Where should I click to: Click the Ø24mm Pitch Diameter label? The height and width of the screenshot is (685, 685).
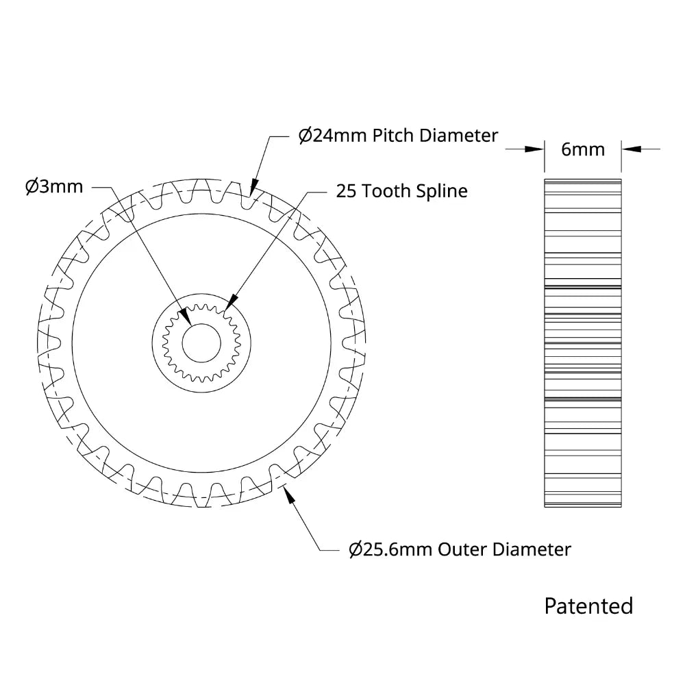(398, 136)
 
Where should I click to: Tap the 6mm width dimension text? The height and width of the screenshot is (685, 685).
(583, 149)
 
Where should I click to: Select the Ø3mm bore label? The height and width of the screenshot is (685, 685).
(54, 186)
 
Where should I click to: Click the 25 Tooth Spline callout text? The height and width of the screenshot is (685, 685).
(402, 191)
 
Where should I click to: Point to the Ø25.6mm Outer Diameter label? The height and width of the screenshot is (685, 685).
(460, 549)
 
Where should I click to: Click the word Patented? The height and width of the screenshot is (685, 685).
(588, 606)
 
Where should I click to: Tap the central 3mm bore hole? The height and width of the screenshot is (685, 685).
(201, 343)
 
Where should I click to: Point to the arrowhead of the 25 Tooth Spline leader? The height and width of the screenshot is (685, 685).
(231, 302)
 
